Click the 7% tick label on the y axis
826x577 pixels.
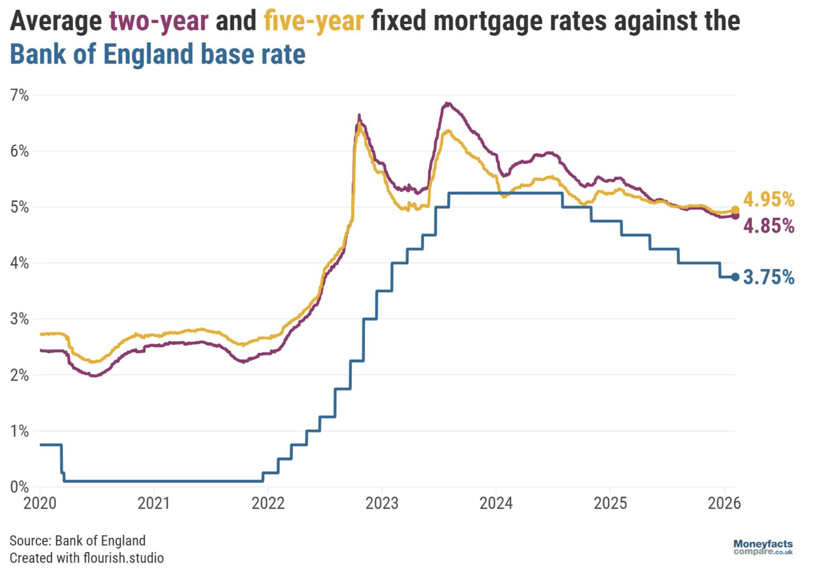coord(19,95)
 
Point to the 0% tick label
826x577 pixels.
coord(19,487)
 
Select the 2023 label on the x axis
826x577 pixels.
coord(382,503)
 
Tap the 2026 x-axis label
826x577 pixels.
coord(724,503)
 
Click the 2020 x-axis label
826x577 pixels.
coord(40,503)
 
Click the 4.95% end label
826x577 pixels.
coord(769,200)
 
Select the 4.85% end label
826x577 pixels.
coord(769,227)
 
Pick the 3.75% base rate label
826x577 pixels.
coord(769,277)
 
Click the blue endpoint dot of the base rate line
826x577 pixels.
coord(735,277)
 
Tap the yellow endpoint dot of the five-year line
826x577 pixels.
coord(735,210)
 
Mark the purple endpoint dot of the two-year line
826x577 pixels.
coord(735,216)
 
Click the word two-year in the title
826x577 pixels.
coord(159,21)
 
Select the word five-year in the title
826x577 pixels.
coord(314,21)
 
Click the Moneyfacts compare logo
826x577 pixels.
coord(763,547)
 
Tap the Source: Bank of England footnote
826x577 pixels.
coord(78,541)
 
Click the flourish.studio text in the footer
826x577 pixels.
coord(123,558)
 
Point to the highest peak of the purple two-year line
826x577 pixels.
coord(447,103)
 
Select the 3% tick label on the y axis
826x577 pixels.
coord(19,319)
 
